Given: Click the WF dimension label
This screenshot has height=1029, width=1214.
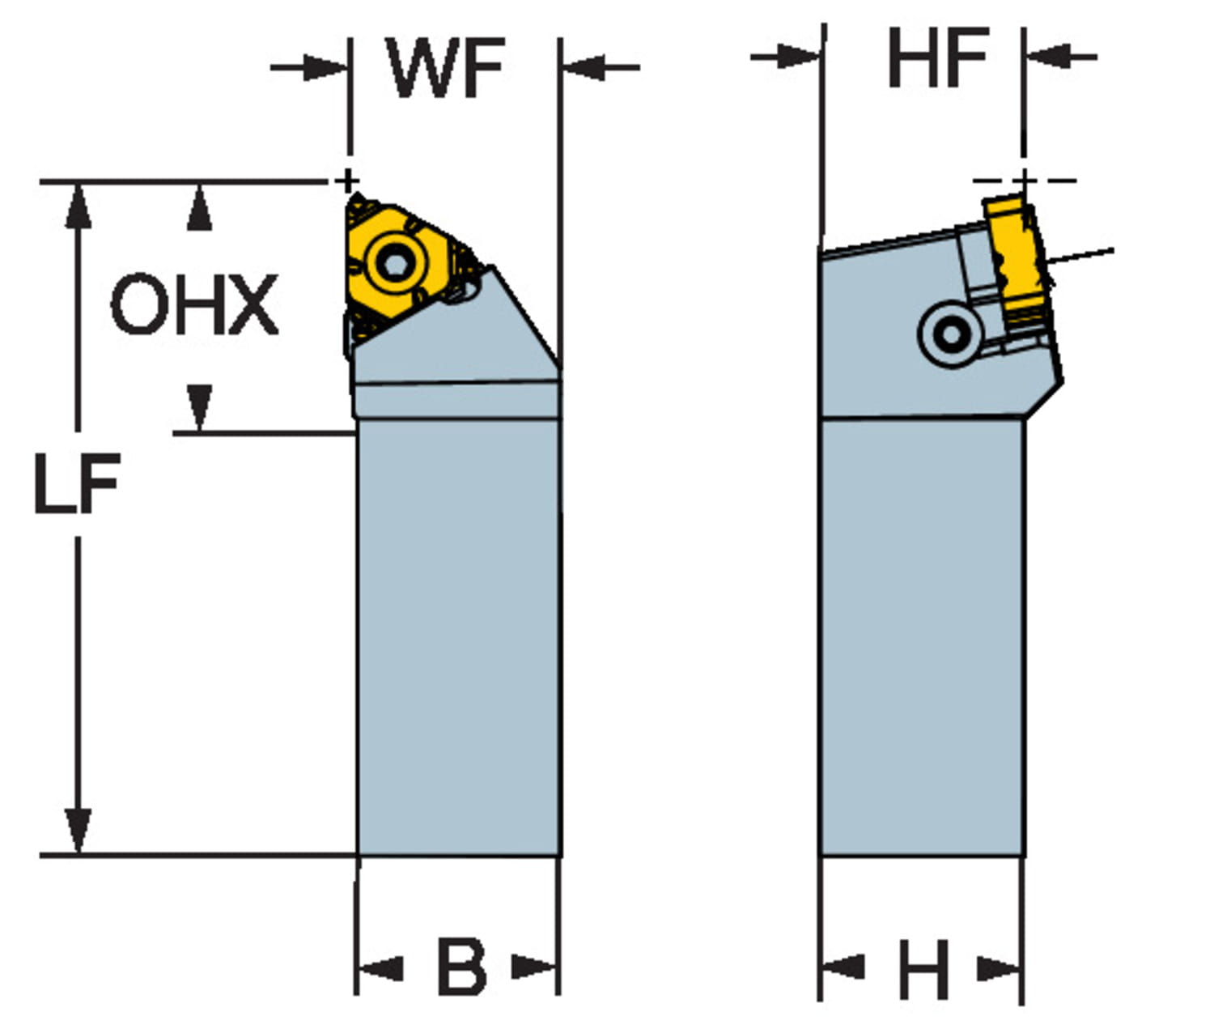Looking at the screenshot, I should coord(447,68).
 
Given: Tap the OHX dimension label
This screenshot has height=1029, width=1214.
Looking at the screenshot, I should coord(194,305).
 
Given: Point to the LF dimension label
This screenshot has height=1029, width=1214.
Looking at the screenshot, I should coord(78,484).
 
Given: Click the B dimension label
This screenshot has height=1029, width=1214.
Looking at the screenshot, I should coord(461,967).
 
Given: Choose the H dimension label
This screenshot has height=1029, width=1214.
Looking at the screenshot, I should coord(923,970).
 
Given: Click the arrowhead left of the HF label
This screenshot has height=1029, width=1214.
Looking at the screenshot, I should coord(801,57).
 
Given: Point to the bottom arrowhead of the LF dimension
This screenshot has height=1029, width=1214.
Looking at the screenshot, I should coord(78,830).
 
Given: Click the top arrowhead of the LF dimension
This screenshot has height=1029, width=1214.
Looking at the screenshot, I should coord(78,206).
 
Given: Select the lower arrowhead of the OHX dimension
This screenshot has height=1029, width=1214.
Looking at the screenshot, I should coord(199,406).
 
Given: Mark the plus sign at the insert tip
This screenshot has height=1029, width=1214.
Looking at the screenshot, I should coord(348,180).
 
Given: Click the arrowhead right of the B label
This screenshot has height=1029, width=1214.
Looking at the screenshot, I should coord(534,967).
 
